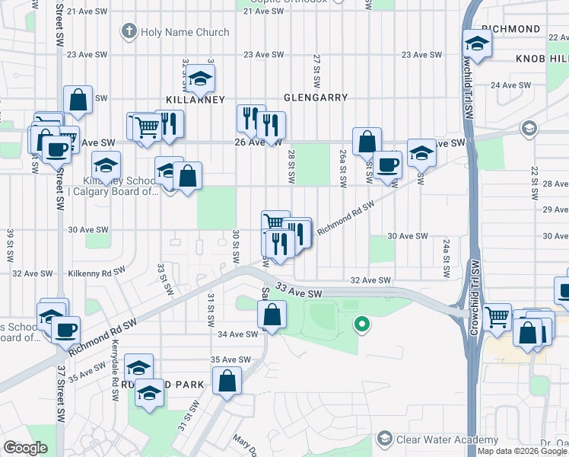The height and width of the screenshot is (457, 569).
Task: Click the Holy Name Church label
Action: pos(185,32)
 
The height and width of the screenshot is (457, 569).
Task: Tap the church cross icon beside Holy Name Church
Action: pos(129,32)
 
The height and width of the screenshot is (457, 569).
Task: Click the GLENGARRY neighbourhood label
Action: pos(315,97)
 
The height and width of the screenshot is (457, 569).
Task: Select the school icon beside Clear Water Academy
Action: pos(385,439)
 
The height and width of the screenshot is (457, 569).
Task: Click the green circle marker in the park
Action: pos(363,324)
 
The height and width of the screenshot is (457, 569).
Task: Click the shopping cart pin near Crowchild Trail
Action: pos(497,316)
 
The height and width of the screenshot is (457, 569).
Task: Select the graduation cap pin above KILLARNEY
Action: pos(201,79)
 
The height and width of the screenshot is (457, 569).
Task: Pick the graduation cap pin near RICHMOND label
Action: pos(477,45)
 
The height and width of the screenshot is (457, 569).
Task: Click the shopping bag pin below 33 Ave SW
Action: pos(272,314)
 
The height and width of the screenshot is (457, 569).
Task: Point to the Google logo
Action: pos(26,448)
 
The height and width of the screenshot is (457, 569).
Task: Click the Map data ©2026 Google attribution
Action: pos(521,451)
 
